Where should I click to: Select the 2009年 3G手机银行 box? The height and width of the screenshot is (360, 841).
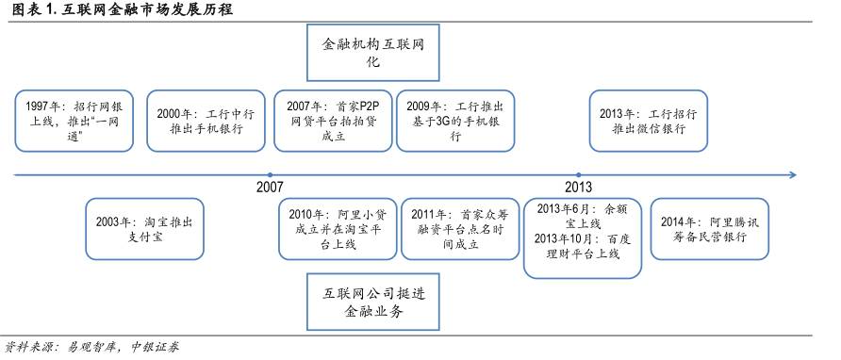455,121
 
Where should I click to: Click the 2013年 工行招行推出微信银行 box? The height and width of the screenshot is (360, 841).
648,121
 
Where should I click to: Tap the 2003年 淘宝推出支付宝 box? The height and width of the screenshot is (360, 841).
144,229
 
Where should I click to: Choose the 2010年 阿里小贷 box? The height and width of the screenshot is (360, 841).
334,229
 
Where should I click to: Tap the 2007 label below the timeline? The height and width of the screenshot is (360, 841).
269,187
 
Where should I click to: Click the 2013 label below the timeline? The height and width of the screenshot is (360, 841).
579,187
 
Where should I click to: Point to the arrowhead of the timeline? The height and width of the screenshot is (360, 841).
793,174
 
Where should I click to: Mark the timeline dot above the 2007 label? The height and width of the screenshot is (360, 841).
270,174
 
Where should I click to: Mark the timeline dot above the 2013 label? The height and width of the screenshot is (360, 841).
578,174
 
